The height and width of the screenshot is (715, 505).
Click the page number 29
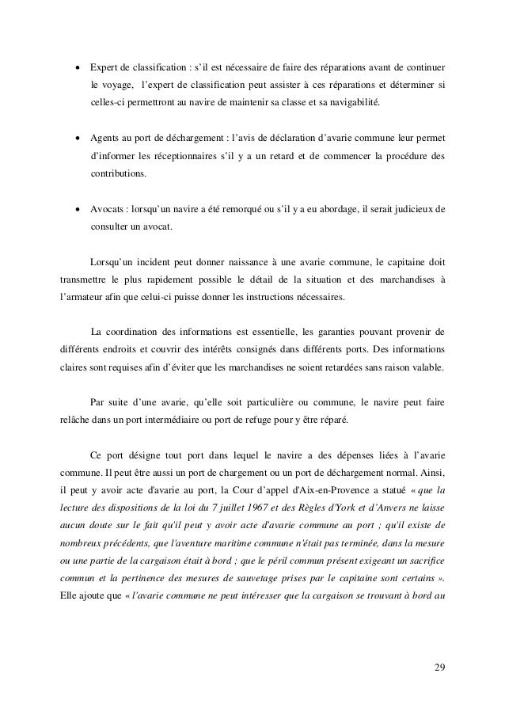coord(439,664)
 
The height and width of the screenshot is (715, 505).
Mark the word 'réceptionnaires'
coord(176,155)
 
